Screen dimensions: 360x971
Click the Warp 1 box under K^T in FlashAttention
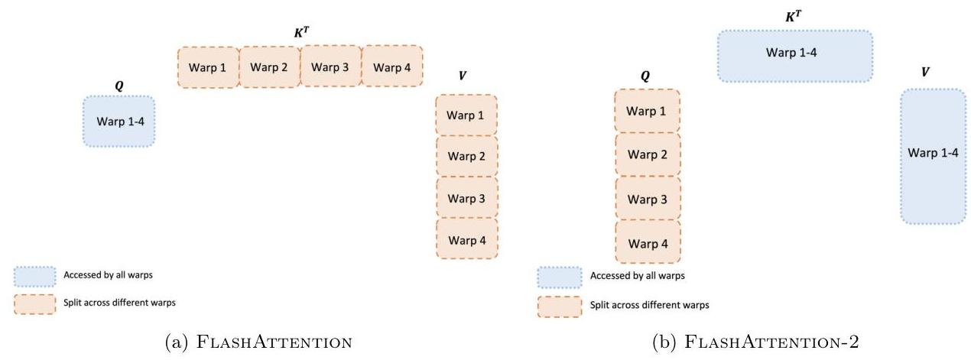point(208,67)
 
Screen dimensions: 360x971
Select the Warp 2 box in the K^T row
point(269,67)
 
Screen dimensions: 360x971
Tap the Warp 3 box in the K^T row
point(330,67)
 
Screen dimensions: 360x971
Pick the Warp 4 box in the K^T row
point(391,67)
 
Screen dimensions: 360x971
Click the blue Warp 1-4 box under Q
point(119,121)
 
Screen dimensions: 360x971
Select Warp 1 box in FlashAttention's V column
point(466,115)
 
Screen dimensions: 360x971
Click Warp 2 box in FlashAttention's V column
point(466,157)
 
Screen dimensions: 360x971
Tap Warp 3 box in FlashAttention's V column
point(466,198)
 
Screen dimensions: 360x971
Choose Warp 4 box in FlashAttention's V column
point(466,240)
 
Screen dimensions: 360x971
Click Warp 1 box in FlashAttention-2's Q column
point(647,111)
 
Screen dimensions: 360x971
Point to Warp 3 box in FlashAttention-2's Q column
point(647,199)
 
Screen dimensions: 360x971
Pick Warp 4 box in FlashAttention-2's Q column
point(647,244)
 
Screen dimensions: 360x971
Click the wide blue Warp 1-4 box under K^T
point(795,56)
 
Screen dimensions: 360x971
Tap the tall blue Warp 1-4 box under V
point(933,156)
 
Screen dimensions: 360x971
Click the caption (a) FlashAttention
point(258,342)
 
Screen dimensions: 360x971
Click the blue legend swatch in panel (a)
point(34,276)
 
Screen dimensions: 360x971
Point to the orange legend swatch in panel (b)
point(559,305)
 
